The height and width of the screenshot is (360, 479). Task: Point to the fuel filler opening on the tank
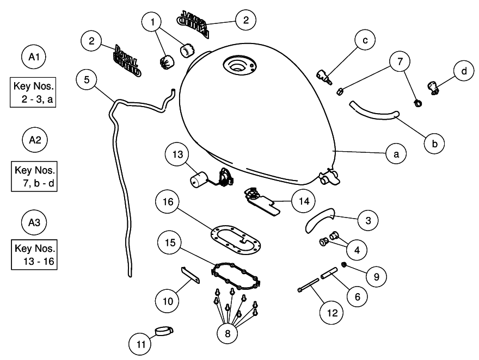(237, 66)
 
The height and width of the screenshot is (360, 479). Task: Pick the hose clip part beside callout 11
(164, 330)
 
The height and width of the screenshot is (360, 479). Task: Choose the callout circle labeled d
(464, 71)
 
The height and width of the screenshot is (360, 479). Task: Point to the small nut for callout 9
(345, 265)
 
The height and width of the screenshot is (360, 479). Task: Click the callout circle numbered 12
(333, 313)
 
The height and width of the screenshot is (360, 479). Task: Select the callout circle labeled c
(363, 40)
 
